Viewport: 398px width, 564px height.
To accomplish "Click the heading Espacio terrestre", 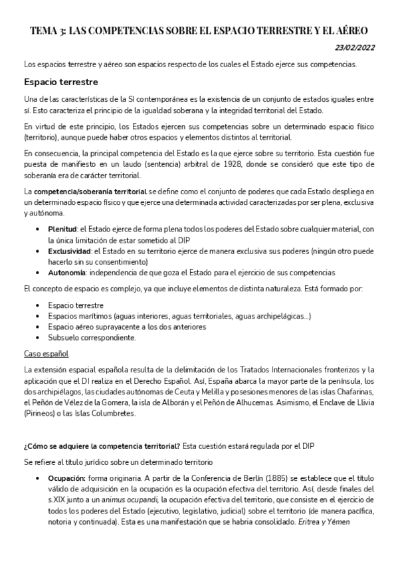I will (60, 82).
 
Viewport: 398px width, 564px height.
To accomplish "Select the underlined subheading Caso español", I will (47, 353).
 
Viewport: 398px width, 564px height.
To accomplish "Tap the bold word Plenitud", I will (62, 228).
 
